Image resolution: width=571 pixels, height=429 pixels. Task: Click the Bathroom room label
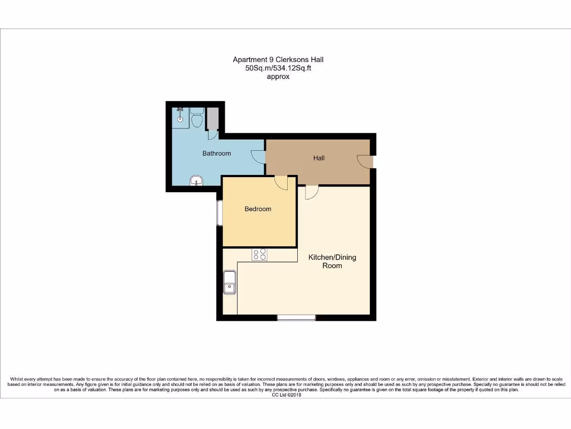pyautogui.click(x=216, y=153)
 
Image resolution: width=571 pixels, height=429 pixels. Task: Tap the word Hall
pyautogui.click(x=318, y=158)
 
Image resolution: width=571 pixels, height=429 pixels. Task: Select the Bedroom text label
pyautogui.click(x=258, y=209)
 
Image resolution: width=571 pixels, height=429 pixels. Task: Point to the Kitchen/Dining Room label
pyautogui.click(x=332, y=261)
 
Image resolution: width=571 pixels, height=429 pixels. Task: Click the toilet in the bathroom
pyautogui.click(x=196, y=118)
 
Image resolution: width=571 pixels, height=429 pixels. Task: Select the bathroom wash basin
pyautogui.click(x=196, y=180)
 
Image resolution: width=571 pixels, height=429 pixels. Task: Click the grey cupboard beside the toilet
pyautogui.click(x=212, y=118)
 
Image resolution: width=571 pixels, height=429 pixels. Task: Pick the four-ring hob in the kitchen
pyautogui.click(x=260, y=255)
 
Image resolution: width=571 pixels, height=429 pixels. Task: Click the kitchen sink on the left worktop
pyautogui.click(x=230, y=282)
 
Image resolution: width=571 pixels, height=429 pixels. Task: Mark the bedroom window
pyautogui.click(x=220, y=213)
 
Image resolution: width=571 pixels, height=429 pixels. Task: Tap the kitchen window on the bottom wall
pyautogui.click(x=296, y=318)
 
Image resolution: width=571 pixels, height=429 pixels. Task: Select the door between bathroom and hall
pyautogui.click(x=258, y=157)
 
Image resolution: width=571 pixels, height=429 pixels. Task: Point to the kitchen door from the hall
pyautogui.click(x=312, y=192)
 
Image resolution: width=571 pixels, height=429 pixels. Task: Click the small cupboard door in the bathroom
pyautogui.click(x=212, y=135)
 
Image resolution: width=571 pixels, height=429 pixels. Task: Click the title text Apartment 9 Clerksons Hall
pyautogui.click(x=277, y=59)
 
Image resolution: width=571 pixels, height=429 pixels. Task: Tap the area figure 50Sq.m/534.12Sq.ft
pyautogui.click(x=278, y=68)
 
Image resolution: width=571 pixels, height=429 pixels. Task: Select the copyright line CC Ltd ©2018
pyautogui.click(x=285, y=395)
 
